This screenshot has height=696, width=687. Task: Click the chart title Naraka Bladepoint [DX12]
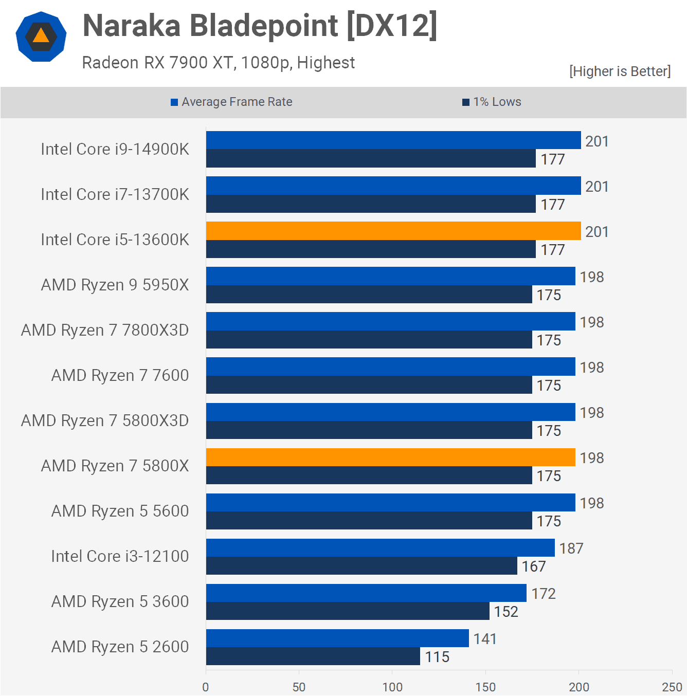(260, 26)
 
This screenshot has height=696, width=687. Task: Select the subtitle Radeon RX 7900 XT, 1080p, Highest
(218, 63)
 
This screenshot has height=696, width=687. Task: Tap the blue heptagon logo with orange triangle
(41, 36)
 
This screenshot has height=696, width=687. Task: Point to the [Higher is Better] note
(620, 71)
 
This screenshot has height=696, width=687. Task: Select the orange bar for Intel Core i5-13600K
(393, 231)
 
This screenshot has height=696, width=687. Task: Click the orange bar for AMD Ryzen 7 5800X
(391, 457)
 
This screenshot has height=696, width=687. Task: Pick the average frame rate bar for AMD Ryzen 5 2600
(337, 638)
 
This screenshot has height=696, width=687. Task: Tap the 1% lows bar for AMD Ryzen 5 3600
(348, 611)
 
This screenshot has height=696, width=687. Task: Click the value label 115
(437, 657)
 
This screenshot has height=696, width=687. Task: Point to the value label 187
(571, 548)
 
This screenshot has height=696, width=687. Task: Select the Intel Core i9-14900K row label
(115, 149)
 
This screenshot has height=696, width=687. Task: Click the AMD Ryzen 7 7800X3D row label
(105, 330)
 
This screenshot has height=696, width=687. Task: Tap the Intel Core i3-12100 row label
(120, 556)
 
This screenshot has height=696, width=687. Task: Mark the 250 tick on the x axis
(672, 687)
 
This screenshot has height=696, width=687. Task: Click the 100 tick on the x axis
(392, 687)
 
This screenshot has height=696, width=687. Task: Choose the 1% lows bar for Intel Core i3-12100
(361, 566)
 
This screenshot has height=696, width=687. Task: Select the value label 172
(544, 594)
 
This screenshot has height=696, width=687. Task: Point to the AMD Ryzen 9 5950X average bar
(391, 276)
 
